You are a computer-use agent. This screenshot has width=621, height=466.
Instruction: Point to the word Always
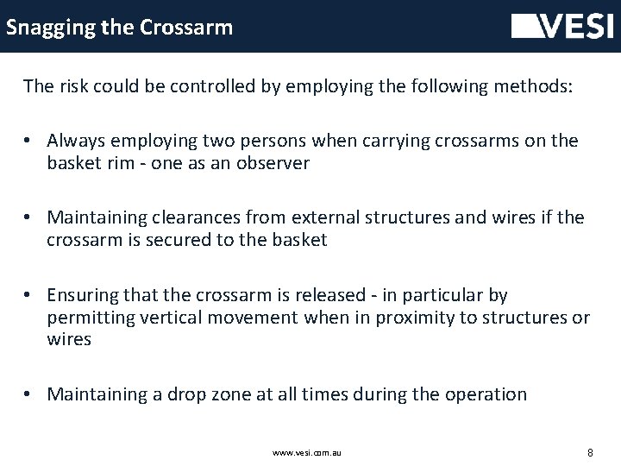(x=77, y=141)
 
